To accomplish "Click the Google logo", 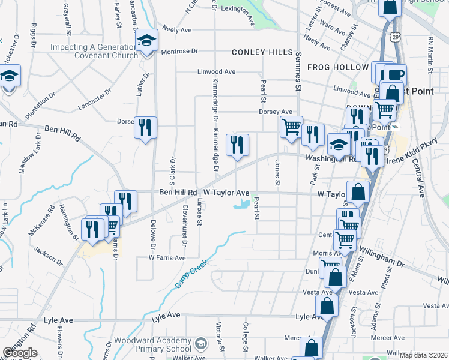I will tap(20, 353).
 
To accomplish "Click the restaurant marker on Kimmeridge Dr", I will tap(237, 145).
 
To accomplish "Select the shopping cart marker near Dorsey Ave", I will tap(291, 127).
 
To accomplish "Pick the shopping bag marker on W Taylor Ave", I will tap(358, 193).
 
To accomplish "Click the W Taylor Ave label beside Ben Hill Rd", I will tap(226, 193).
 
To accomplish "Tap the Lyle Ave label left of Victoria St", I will tap(166, 315).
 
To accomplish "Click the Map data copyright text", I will tap(423, 355).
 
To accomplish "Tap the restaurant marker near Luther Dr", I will tap(146, 127).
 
